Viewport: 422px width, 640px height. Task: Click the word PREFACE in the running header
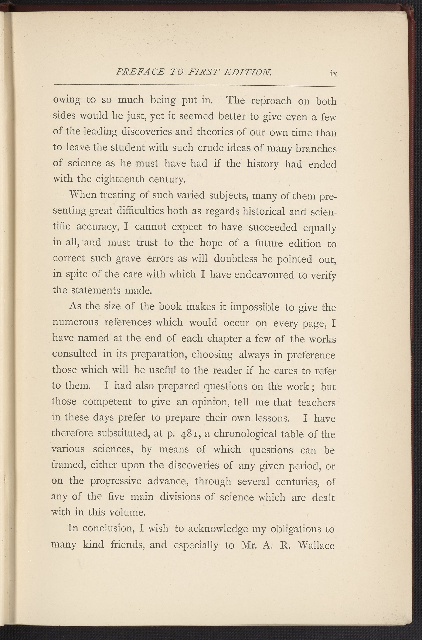point(140,72)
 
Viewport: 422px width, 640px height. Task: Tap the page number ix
point(333,74)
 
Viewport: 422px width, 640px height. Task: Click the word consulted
point(74,354)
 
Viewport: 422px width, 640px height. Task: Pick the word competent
point(107,402)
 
